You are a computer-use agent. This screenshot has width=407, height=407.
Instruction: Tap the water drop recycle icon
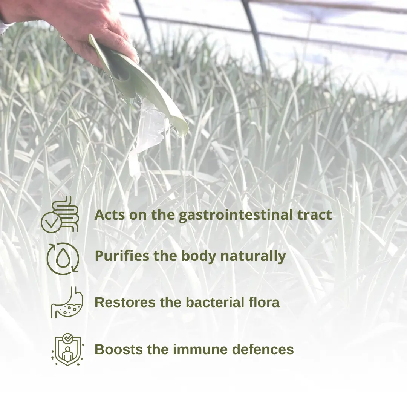(63, 259)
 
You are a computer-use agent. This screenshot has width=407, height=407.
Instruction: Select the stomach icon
(67, 302)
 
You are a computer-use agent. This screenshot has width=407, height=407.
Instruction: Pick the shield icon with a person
(67, 349)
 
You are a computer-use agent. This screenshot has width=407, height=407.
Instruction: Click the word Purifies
(122, 256)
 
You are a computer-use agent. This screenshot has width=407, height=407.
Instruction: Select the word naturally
(253, 256)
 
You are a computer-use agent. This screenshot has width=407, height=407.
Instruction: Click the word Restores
(125, 302)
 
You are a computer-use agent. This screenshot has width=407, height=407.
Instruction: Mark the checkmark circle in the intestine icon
(51, 223)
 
